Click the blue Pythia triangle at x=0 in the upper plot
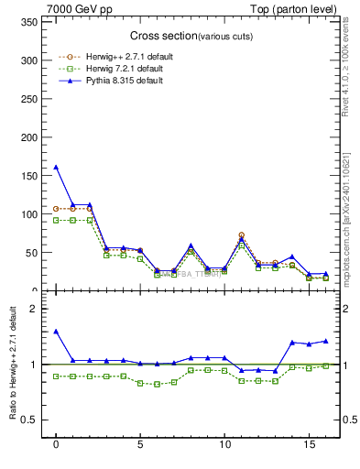[56, 168]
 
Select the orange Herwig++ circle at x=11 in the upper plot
[241, 235]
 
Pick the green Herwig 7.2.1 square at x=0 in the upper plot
[56, 220]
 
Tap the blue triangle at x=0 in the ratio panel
[56, 332]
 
